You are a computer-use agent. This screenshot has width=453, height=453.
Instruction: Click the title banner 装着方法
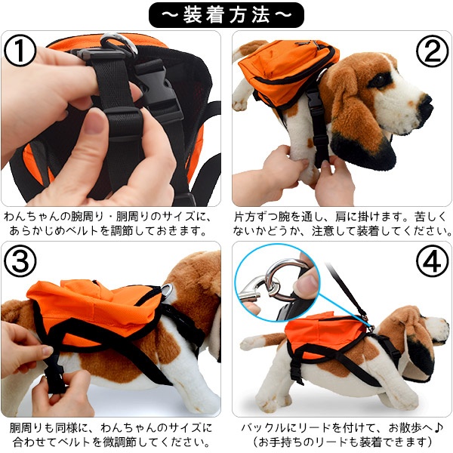pyautogui.click(x=226, y=15)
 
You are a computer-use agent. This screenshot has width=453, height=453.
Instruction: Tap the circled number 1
pyautogui.click(x=20, y=51)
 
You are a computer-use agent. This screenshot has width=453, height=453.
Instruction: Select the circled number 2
pyautogui.click(x=432, y=51)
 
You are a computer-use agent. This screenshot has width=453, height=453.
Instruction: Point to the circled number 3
pyautogui.click(x=20, y=261)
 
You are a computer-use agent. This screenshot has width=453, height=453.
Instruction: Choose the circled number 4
pyautogui.click(x=432, y=261)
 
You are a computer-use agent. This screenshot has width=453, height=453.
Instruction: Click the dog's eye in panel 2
pyautogui.click(x=379, y=80)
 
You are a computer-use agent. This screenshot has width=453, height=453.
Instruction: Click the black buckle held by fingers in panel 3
pyautogui.click(x=55, y=374)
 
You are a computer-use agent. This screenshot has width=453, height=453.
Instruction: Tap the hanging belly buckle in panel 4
pyautogui.click(x=297, y=371)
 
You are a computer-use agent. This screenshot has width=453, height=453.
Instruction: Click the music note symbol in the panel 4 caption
pyautogui.click(x=438, y=427)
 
